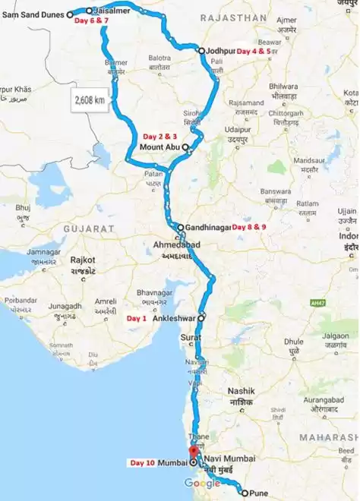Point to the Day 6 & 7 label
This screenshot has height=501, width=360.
coord(91,20)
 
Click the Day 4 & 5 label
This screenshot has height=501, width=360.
coord(253,51)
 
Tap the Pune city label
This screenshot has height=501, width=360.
coord(258,493)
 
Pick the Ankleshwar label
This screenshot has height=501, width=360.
coord(175,319)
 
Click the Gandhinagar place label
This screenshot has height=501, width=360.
coord(207,227)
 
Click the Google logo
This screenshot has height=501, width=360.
coord(202,484)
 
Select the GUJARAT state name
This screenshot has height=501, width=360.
coord(89,228)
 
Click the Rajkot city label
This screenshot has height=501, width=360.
coord(82,260)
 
